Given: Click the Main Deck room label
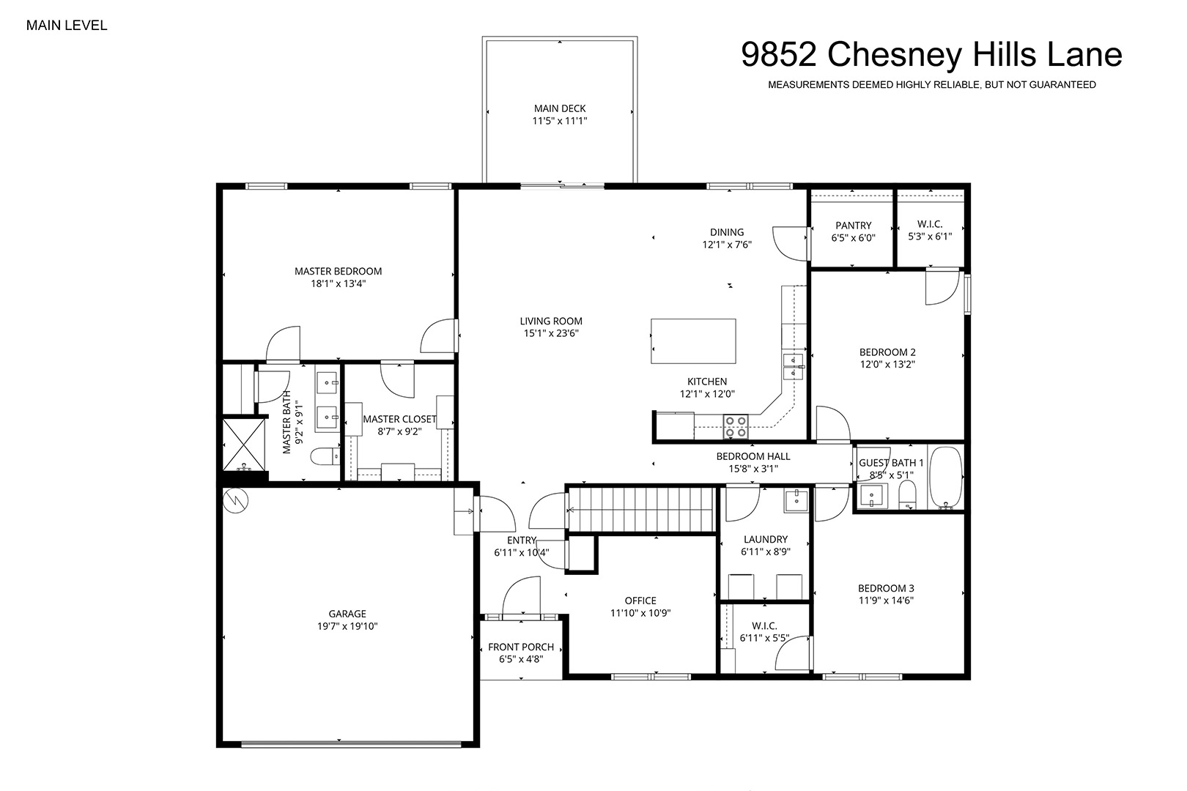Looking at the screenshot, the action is click(560, 108).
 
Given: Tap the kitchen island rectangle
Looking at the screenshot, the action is click(693, 341).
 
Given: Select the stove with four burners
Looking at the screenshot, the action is click(736, 427).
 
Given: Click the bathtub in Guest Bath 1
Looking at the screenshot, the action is click(946, 478).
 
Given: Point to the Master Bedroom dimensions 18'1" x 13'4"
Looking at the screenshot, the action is click(338, 283).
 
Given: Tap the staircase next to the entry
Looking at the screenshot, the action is click(642, 510).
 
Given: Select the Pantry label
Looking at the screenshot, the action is click(853, 226).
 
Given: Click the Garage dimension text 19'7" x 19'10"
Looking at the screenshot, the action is click(347, 626).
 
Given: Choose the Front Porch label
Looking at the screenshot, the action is click(521, 647).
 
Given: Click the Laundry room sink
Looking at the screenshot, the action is click(796, 500).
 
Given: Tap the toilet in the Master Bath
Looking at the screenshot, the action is click(325, 456).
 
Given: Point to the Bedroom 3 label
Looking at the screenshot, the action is click(886, 588).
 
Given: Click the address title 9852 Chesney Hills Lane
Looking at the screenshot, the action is click(931, 54).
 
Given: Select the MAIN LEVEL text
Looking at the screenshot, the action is click(67, 26).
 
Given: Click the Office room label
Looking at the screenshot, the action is click(640, 601).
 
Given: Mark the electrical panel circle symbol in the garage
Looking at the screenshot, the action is click(236, 501).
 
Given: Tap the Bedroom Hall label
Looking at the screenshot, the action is click(753, 456).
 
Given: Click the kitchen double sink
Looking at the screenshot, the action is click(794, 367).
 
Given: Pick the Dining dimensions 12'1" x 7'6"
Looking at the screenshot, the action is click(727, 245).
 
